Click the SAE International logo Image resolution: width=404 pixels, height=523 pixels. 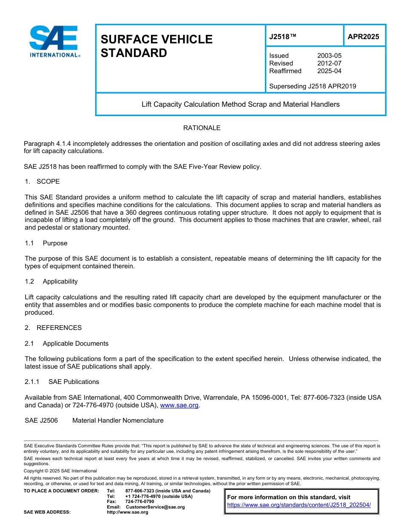click(54, 41)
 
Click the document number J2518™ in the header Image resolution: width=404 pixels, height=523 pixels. click(282, 37)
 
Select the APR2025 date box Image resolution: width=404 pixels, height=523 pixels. click(363, 37)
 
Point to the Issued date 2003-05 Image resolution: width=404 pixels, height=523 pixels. click(329, 56)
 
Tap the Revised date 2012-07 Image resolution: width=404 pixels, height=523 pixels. click(329, 63)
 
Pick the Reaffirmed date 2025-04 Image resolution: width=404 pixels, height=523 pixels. click(329, 71)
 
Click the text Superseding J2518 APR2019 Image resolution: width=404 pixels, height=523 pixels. click(313, 86)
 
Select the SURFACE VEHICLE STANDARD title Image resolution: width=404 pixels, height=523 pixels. click(156, 46)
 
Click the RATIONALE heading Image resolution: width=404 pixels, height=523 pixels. click(202, 128)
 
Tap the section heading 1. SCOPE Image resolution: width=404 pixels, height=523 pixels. click(42, 182)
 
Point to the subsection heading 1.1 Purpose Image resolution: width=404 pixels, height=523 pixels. click(46, 243)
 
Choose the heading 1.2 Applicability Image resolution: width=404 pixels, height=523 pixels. click(51, 281)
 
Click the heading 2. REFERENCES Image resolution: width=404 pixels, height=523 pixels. click(53, 328)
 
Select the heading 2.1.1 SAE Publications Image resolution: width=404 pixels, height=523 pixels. click(62, 382)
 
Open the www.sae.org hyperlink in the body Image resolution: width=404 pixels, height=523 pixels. click(179, 406)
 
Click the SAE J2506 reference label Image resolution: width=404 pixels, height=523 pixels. click(41, 421)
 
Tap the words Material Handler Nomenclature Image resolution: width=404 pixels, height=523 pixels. click(118, 421)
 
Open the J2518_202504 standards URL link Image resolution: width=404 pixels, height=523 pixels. click(299, 505)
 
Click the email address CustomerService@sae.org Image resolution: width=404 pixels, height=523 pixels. click(155, 507)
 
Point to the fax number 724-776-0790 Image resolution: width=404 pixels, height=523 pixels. click(139, 502)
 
